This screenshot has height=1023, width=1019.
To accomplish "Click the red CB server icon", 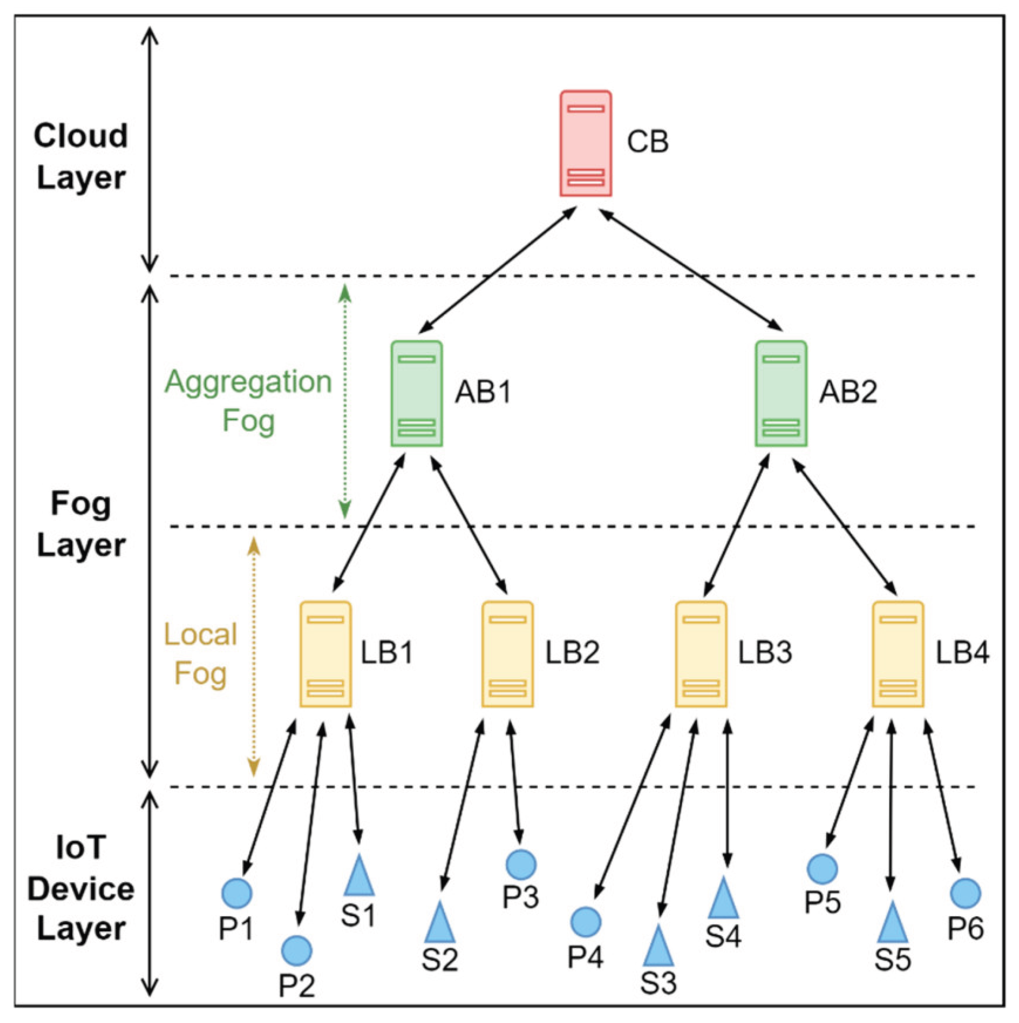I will tap(585, 144).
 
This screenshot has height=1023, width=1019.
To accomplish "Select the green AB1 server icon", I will tap(416, 393).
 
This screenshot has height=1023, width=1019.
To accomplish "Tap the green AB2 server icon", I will tap(780, 393).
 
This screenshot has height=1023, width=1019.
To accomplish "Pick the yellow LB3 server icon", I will tap(701, 654).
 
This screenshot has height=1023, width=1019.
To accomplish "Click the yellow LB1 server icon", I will tap(325, 654).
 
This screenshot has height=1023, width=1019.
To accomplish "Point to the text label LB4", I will tap(962, 653).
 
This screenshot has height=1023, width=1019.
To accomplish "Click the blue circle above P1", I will tap(236, 893).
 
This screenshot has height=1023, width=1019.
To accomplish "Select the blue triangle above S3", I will tap(658, 947).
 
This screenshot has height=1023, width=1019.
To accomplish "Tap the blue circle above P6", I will tap(965, 893).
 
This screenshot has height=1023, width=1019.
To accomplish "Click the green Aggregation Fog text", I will tap(248, 401).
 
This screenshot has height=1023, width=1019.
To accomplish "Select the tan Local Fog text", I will tap(200, 654).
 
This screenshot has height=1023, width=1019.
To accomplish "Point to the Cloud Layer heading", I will tap(81, 156).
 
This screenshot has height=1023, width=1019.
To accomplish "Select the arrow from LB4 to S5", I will tap(891, 805).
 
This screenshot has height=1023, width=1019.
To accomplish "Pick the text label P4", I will tap(585, 956).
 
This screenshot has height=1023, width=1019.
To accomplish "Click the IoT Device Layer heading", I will tap(81, 889).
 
